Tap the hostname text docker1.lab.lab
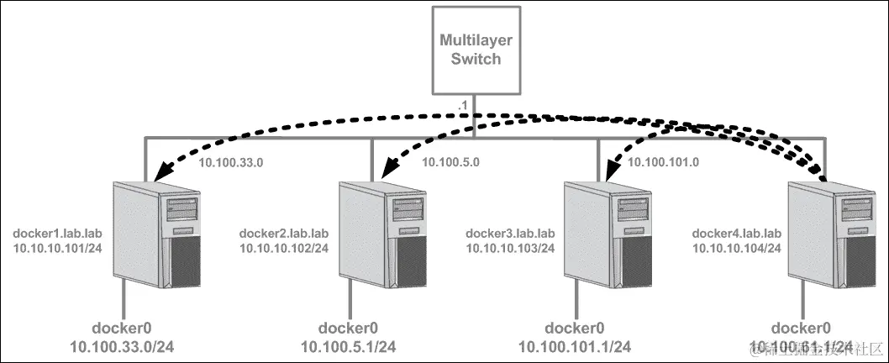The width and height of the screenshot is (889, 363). pos(58,233)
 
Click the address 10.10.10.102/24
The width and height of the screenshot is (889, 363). pos(284,248)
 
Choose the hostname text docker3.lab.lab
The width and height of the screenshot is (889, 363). pos(510,233)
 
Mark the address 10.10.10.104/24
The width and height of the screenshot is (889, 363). pos(737,248)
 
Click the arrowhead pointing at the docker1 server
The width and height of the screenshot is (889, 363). pos(153,173)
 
